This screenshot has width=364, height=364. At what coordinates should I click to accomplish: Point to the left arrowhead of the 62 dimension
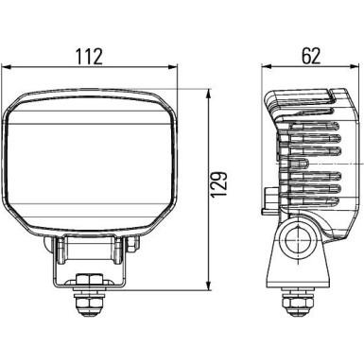click(x=267, y=67)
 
